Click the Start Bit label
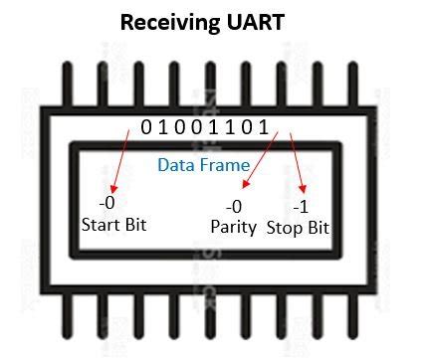pos(113,224)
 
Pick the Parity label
pos(233,227)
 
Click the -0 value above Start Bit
pos(95,204)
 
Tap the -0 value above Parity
pos(234,207)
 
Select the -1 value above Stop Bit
pos(301,207)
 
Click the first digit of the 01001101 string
pos(147,128)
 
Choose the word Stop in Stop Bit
pos(285,227)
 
